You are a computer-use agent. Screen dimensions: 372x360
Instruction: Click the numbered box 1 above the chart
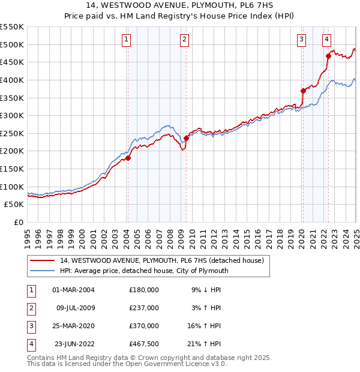click(127, 40)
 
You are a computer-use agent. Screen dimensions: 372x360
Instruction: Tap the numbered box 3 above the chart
click(301, 40)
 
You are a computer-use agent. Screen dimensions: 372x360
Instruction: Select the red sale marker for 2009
click(186, 138)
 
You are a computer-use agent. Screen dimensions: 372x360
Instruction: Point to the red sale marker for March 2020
click(303, 91)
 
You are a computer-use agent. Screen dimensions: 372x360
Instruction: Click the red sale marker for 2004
click(128, 158)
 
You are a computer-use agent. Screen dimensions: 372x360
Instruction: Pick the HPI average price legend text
click(144, 271)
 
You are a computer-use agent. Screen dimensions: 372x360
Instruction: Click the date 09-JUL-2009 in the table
click(76, 308)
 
